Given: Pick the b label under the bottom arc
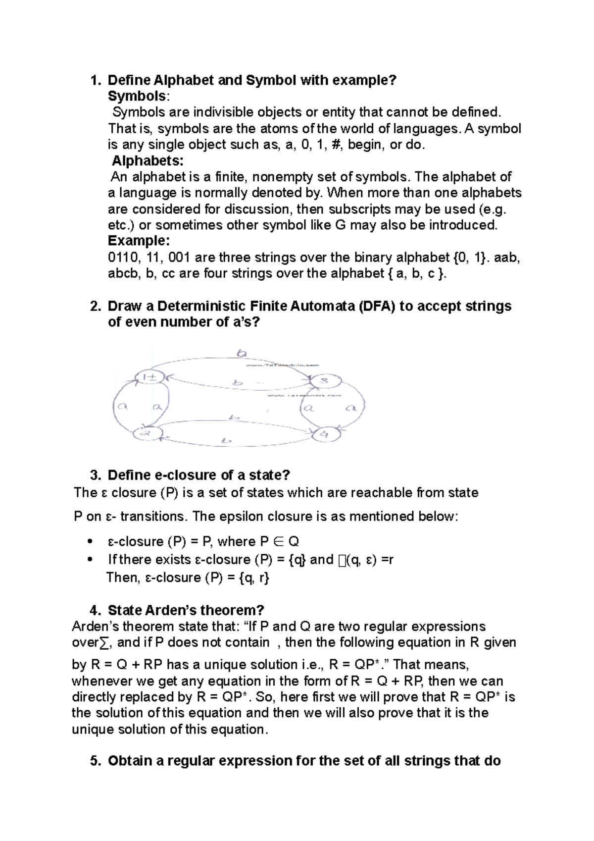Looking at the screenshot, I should pyautogui.click(x=227, y=441).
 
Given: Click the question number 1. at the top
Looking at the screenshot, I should pyautogui.click(x=95, y=80).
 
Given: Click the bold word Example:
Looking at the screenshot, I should pyautogui.click(x=139, y=241).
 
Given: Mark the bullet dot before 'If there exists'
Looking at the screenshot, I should pyautogui.click(x=90, y=560).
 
